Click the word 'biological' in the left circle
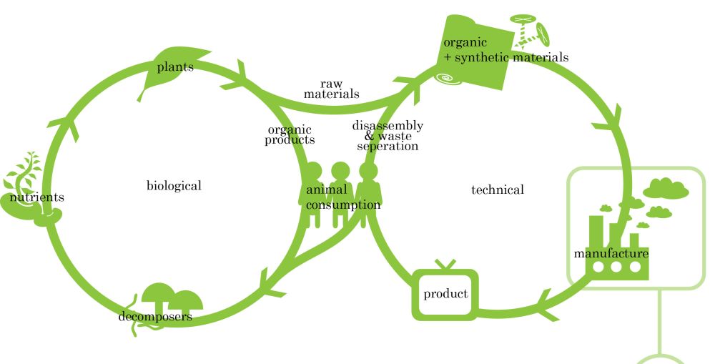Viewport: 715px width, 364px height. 174,186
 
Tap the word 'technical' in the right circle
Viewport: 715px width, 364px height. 498,190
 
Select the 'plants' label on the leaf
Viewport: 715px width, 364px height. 176,67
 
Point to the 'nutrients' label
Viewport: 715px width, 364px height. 37,197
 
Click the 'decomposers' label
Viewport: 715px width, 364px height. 155,317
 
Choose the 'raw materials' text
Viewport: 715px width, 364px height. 332,89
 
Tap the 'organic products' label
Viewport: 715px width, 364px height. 290,135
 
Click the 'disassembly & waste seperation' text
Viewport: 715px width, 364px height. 388,135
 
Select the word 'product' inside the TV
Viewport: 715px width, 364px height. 445,294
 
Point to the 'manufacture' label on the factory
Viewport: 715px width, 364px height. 611,253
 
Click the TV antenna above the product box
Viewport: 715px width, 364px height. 445,264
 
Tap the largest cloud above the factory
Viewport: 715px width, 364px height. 666,189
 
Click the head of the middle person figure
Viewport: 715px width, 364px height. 340,171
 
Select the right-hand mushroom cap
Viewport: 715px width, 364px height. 186,299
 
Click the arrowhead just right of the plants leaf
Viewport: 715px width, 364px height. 236,77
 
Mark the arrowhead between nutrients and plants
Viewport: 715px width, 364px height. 65,127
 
